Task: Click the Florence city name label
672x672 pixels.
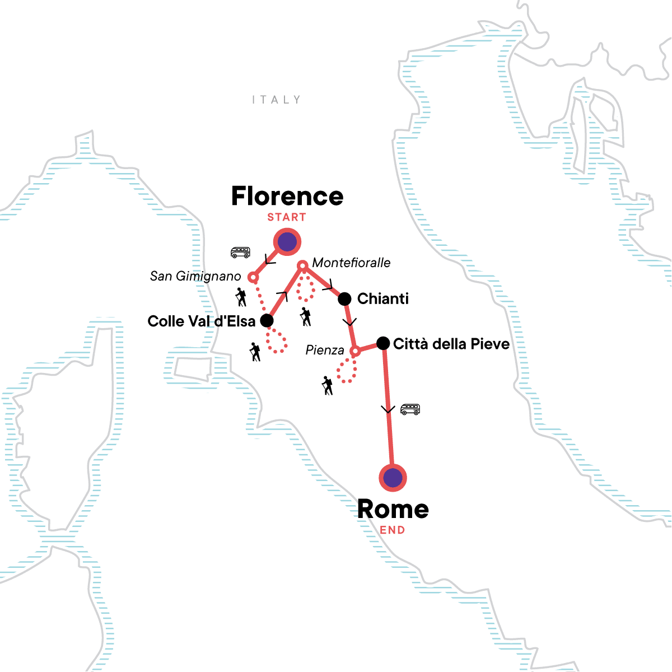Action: coord(287,196)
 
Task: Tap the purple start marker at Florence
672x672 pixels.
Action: coord(287,242)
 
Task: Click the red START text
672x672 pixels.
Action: coord(287,217)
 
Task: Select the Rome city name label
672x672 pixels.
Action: coord(393,509)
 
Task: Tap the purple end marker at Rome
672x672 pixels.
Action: coord(393,478)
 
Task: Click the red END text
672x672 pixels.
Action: coord(393,530)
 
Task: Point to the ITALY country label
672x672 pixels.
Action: coord(277,100)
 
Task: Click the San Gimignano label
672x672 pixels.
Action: coord(195,276)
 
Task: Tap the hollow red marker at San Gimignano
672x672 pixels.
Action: coord(253,277)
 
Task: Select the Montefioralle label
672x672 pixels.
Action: coord(351,263)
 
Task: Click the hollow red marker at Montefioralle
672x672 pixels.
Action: coord(302,265)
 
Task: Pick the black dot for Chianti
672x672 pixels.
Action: coord(344,299)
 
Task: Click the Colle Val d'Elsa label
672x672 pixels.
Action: coord(202,321)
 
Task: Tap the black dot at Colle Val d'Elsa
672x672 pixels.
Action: coord(267,321)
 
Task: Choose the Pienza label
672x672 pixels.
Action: coord(325,351)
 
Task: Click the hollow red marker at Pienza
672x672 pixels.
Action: coord(354,352)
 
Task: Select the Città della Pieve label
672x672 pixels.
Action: coord(451,344)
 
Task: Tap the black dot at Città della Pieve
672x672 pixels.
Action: coord(383,343)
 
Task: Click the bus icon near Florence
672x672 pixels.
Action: coord(240,253)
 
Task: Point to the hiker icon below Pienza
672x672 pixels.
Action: coord(328,386)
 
